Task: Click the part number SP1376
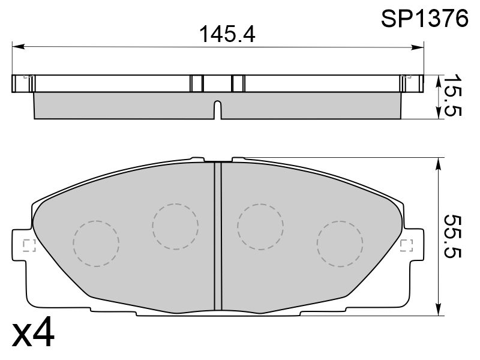(x=425, y=19)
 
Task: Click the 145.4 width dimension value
(x=227, y=34)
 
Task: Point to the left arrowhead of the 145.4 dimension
(x=18, y=47)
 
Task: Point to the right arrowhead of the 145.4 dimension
(x=418, y=47)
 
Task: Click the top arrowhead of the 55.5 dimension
(x=439, y=164)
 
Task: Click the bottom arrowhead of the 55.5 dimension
(x=439, y=309)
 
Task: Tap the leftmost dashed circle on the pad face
(x=96, y=244)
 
